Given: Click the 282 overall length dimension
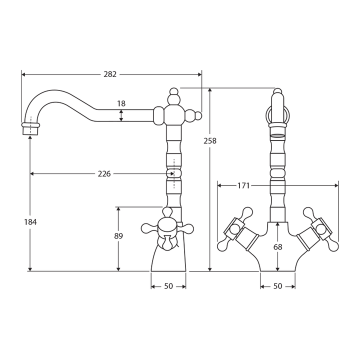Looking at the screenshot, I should pos(110,74).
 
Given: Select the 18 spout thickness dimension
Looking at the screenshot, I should pos(121,103).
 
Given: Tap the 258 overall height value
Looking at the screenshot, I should pos(210,141).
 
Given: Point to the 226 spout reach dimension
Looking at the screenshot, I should pos(104,174).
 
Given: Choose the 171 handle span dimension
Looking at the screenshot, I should pos(243,185).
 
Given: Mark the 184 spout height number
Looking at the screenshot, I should pos(30,221).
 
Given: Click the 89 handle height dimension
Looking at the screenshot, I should pos(118,236).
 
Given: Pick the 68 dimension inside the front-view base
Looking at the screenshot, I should pos(277,246).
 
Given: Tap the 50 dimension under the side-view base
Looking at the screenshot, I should pos(168,286).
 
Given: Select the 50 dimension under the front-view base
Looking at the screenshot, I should pos(277,286).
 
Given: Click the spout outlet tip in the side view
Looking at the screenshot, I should pos(30,128).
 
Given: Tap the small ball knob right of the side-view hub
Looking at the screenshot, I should pos(198,116).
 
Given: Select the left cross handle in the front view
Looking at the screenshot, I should pos(235,230).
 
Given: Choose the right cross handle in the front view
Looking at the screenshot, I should pos(320,230).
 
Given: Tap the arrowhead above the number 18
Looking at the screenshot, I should pos(121,111).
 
